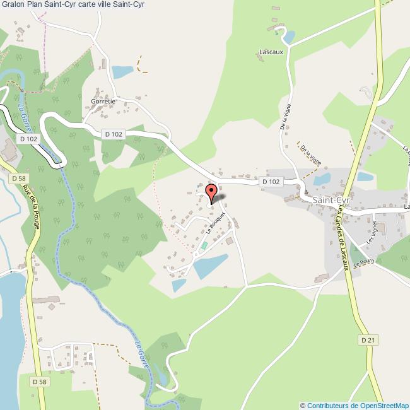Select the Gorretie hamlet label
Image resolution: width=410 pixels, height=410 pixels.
(x=103, y=101)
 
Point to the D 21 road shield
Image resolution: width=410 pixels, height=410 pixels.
(x=368, y=340)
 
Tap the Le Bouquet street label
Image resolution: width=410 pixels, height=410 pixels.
(x=215, y=224)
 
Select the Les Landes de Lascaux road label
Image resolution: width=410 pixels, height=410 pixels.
(x=344, y=239)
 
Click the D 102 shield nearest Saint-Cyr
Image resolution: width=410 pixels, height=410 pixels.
(x=270, y=182)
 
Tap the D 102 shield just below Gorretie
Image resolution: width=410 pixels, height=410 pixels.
(x=112, y=134)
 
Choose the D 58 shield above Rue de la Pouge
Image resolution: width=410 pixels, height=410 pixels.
(x=19, y=179)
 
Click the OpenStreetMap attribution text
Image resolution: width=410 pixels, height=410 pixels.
(x=354, y=405)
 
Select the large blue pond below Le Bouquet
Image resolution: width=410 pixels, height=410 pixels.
(x=210, y=266)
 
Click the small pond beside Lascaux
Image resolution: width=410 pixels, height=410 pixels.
(x=288, y=37)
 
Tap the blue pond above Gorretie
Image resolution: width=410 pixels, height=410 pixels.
(x=122, y=71)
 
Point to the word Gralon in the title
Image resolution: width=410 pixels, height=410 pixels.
(x=13, y=5)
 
